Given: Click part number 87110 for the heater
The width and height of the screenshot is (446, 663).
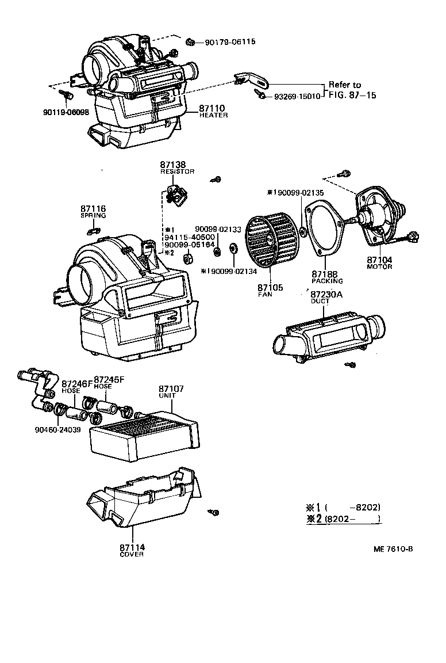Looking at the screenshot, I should (x=212, y=108).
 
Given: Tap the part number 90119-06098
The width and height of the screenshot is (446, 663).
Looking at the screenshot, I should (x=66, y=112).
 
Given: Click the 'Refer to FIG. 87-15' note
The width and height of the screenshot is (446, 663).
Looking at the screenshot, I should (x=352, y=90).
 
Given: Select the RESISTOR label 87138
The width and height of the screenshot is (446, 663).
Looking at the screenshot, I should (x=172, y=165).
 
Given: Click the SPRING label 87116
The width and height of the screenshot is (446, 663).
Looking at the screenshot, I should (x=93, y=208).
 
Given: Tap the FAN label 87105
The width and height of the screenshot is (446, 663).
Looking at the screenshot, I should (x=270, y=287).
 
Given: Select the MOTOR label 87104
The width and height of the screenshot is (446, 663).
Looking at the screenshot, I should (x=379, y=261).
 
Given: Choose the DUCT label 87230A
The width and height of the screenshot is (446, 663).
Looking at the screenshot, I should (x=326, y=294).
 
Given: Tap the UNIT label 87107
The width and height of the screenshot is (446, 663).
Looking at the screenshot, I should (x=171, y=389).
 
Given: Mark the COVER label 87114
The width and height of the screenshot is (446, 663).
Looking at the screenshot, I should (x=132, y=547).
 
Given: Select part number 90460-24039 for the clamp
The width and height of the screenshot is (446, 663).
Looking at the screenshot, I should (x=57, y=429).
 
